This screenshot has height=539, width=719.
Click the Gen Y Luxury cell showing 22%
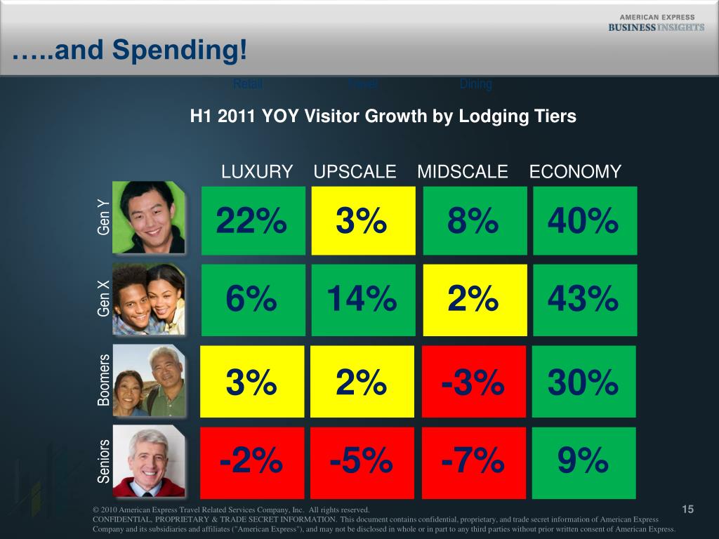253,220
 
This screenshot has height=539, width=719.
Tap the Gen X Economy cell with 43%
585,300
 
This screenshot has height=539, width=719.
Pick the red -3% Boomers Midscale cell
474,382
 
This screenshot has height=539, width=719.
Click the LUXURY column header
257,172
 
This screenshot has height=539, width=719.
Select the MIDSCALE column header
463,172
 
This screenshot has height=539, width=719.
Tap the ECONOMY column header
575,172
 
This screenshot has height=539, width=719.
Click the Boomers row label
104,380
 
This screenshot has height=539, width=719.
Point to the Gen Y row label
104,217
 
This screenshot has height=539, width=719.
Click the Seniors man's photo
149,461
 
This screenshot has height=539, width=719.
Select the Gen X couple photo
149,300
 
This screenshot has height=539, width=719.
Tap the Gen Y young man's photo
149,218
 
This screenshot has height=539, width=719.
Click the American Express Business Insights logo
656,23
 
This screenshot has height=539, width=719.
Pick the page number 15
687,509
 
